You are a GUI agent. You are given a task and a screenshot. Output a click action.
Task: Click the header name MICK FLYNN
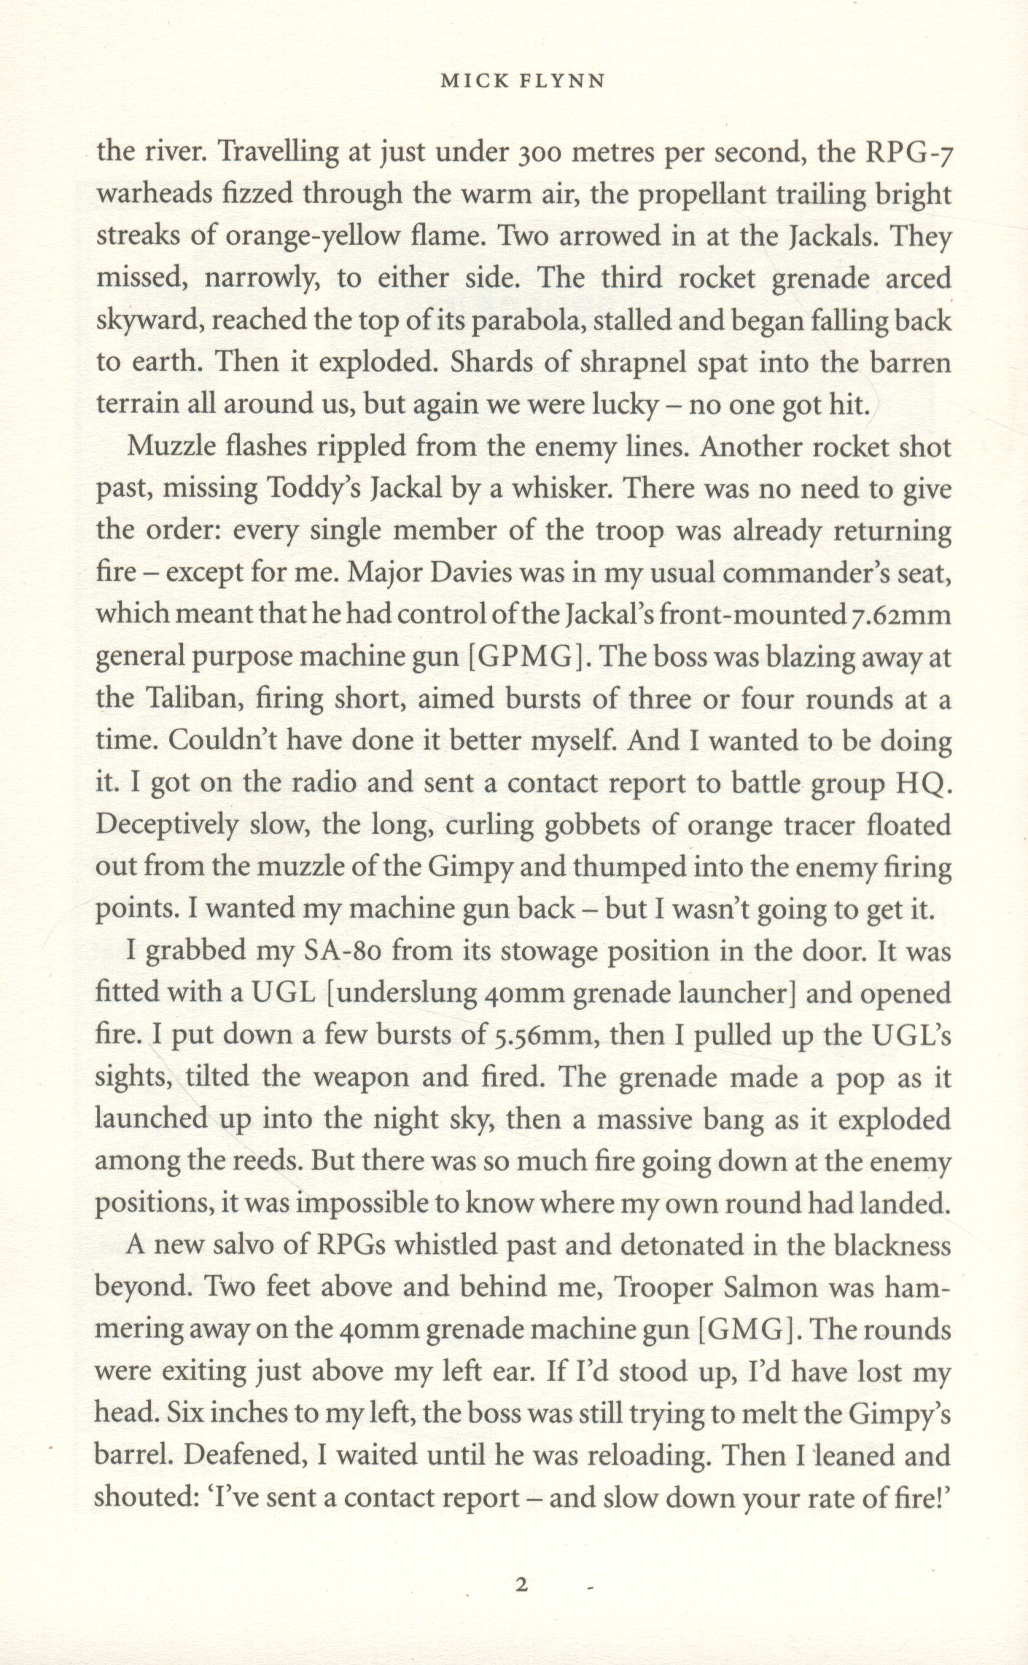[x=522, y=82]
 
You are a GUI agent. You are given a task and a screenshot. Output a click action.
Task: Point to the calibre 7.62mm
[x=901, y=616]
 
